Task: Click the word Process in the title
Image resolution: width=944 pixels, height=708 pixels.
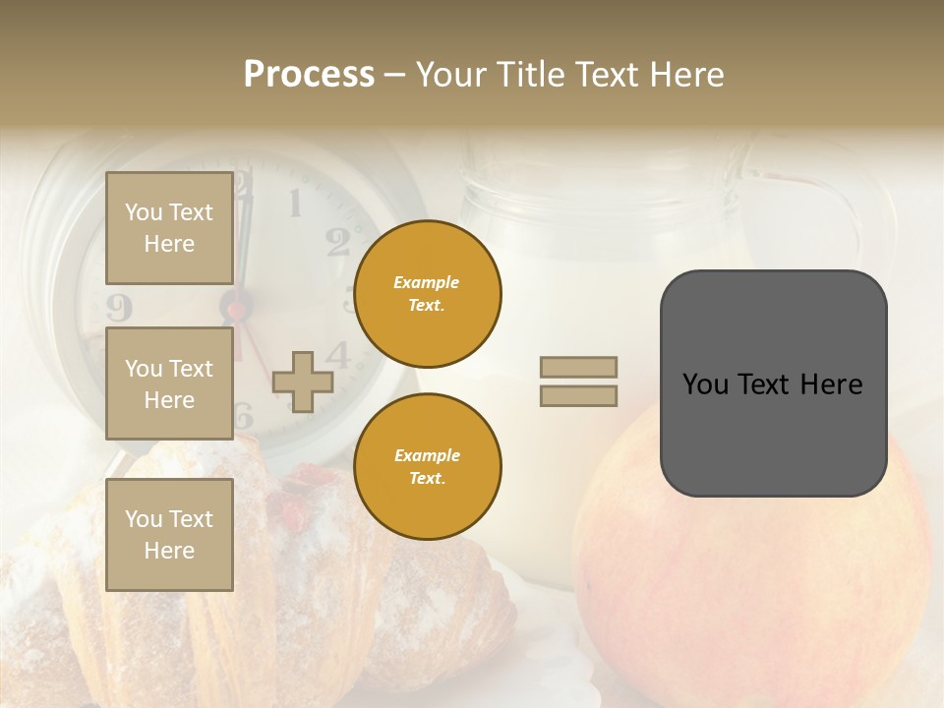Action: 309,75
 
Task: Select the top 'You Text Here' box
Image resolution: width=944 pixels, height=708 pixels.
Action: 169,228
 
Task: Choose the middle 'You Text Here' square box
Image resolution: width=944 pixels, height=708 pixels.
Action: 169,383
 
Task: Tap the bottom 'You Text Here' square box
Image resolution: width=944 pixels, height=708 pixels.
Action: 169,534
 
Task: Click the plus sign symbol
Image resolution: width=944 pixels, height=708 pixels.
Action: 303,383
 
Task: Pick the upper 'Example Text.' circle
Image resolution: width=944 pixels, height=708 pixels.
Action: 427,294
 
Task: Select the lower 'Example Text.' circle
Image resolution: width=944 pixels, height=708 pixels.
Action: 427,467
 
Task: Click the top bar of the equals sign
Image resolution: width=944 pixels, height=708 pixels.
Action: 578,367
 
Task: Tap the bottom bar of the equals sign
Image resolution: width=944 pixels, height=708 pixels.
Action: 578,396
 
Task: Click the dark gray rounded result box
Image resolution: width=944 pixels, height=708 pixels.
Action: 773,383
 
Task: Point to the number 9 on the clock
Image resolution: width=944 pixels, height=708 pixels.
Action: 118,307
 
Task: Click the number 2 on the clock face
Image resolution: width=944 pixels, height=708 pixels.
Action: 337,241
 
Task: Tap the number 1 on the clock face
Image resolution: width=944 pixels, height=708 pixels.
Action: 294,204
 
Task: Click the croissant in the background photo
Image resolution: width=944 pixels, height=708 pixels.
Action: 295,590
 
